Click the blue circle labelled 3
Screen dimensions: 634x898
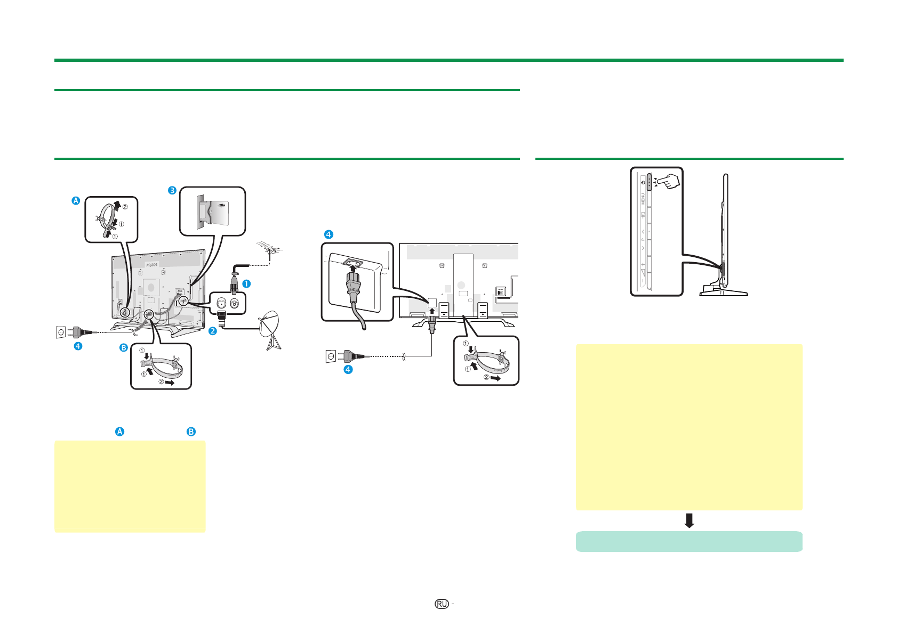[172, 190]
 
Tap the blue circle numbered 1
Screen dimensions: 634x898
[246, 283]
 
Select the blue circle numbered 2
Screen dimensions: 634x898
[212, 331]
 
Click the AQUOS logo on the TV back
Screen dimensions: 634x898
[152, 264]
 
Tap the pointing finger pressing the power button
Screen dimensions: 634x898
[669, 181]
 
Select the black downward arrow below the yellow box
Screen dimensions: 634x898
[689, 521]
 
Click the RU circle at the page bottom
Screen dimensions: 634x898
[441, 604]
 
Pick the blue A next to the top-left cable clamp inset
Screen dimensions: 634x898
[76, 201]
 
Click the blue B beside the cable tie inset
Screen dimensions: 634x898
[123, 348]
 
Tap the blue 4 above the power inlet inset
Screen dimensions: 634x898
[328, 234]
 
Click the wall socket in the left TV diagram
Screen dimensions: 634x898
[61, 332]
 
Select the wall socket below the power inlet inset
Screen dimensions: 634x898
[331, 356]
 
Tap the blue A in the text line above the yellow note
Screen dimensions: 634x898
[120, 432]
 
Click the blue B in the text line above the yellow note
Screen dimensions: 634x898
[191, 432]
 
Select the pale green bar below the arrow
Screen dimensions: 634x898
[689, 541]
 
